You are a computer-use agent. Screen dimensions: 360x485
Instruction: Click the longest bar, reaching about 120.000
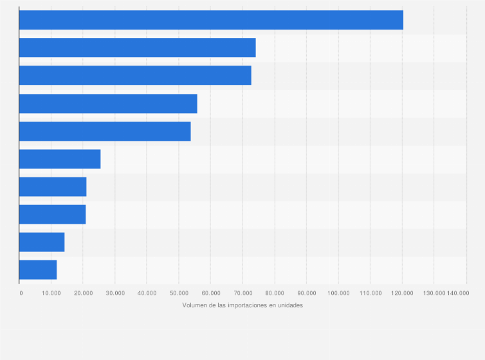click(211, 20)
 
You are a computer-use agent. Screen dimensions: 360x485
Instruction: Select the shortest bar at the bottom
click(38, 270)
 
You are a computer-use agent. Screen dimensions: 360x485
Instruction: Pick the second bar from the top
click(137, 48)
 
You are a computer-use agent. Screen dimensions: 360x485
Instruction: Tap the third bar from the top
click(135, 75)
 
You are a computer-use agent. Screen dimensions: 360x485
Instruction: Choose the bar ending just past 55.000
click(108, 104)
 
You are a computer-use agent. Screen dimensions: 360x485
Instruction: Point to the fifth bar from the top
click(105, 131)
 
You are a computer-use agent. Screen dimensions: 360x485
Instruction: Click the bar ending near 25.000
click(60, 159)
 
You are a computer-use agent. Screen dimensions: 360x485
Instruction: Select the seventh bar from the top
click(53, 186)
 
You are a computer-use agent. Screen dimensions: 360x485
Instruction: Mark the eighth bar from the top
click(52, 214)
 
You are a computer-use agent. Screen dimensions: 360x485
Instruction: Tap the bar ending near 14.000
click(42, 242)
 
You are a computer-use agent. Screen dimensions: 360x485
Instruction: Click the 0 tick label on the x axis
click(21, 293)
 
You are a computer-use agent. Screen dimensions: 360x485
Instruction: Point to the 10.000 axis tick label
click(51, 293)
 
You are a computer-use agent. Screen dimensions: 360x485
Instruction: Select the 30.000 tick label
click(115, 293)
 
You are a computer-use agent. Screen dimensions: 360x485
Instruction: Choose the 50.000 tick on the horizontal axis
click(179, 293)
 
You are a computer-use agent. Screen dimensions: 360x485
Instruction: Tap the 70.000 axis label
click(243, 293)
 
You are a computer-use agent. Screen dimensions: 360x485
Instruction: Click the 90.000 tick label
click(307, 293)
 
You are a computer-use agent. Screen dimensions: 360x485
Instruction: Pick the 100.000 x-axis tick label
click(338, 293)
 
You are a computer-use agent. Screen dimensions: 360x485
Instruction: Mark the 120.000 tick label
click(402, 293)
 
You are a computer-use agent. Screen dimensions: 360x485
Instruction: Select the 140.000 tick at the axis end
click(459, 293)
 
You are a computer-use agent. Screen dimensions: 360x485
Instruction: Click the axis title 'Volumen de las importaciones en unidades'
click(243, 305)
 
